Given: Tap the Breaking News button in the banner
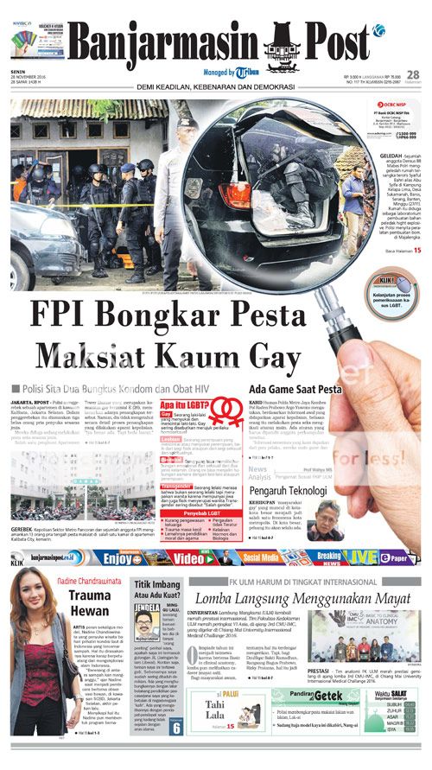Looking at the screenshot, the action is pyautogui.click(x=329, y=557).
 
